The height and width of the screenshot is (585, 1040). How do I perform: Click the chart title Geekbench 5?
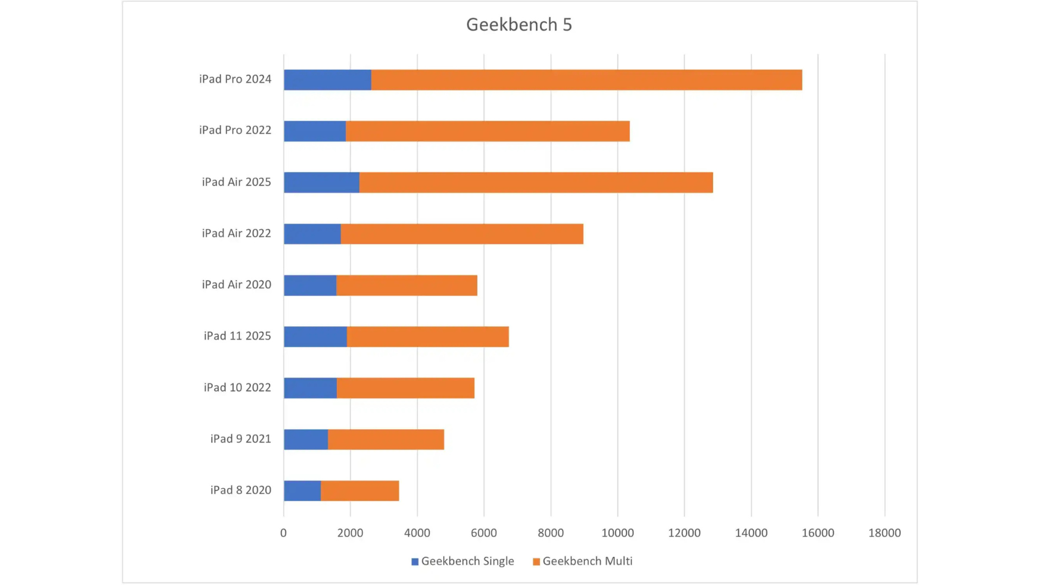click(x=519, y=24)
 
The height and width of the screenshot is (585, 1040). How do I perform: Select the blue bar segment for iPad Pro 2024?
click(x=327, y=80)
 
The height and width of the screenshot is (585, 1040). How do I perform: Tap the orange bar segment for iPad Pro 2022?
click(x=487, y=131)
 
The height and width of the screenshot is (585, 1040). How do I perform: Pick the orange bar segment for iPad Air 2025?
click(x=536, y=183)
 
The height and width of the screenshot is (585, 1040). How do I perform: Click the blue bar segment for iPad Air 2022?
click(x=312, y=234)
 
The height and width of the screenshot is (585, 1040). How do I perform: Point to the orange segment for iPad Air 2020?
click(x=406, y=285)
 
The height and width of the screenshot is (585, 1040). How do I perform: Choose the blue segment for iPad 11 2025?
click(x=315, y=337)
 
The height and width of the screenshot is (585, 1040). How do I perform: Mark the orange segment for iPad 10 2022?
click(x=405, y=388)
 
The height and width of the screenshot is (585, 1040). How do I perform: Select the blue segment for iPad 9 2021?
click(x=305, y=439)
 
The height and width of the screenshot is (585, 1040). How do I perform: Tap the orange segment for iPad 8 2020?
click(x=360, y=491)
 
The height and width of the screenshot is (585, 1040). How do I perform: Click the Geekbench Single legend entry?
click(x=463, y=561)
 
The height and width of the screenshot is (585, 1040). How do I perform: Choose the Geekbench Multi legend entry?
click(x=583, y=561)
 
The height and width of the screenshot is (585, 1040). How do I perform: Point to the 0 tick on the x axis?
click(x=283, y=533)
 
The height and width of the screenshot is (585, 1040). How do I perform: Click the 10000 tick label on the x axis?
click(x=617, y=533)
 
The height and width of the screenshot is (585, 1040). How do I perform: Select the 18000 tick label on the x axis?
click(x=885, y=533)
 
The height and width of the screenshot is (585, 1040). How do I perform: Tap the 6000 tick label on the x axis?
click(x=484, y=533)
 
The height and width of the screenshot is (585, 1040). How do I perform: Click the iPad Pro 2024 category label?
click(x=235, y=79)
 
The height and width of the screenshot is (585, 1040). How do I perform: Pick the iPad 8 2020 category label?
click(x=240, y=490)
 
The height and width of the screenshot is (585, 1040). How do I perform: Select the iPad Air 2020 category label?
click(x=236, y=284)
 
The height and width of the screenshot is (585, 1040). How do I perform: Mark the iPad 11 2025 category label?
click(x=237, y=336)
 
